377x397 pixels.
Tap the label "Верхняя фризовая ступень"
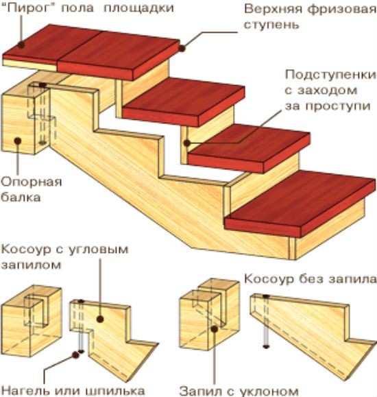[310, 17]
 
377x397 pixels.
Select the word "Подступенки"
[330, 75]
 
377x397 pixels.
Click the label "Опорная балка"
[31, 189]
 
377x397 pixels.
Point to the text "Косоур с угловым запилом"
[65, 257]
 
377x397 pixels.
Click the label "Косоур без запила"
[310, 279]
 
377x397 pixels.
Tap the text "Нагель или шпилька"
[73, 390]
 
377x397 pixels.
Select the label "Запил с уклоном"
[239, 391]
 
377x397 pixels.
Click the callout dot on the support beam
[17, 141]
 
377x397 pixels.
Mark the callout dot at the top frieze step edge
[182, 48]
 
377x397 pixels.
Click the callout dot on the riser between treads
[187, 143]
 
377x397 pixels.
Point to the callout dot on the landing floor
[21, 45]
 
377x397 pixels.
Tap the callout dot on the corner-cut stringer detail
[100, 319]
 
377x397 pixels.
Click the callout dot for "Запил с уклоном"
[215, 329]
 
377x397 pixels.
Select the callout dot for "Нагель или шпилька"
[75, 354]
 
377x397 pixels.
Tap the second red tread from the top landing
[184, 102]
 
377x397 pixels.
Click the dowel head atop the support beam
[42, 86]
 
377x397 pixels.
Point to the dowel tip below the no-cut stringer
[265, 347]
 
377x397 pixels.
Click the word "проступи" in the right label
[338, 106]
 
